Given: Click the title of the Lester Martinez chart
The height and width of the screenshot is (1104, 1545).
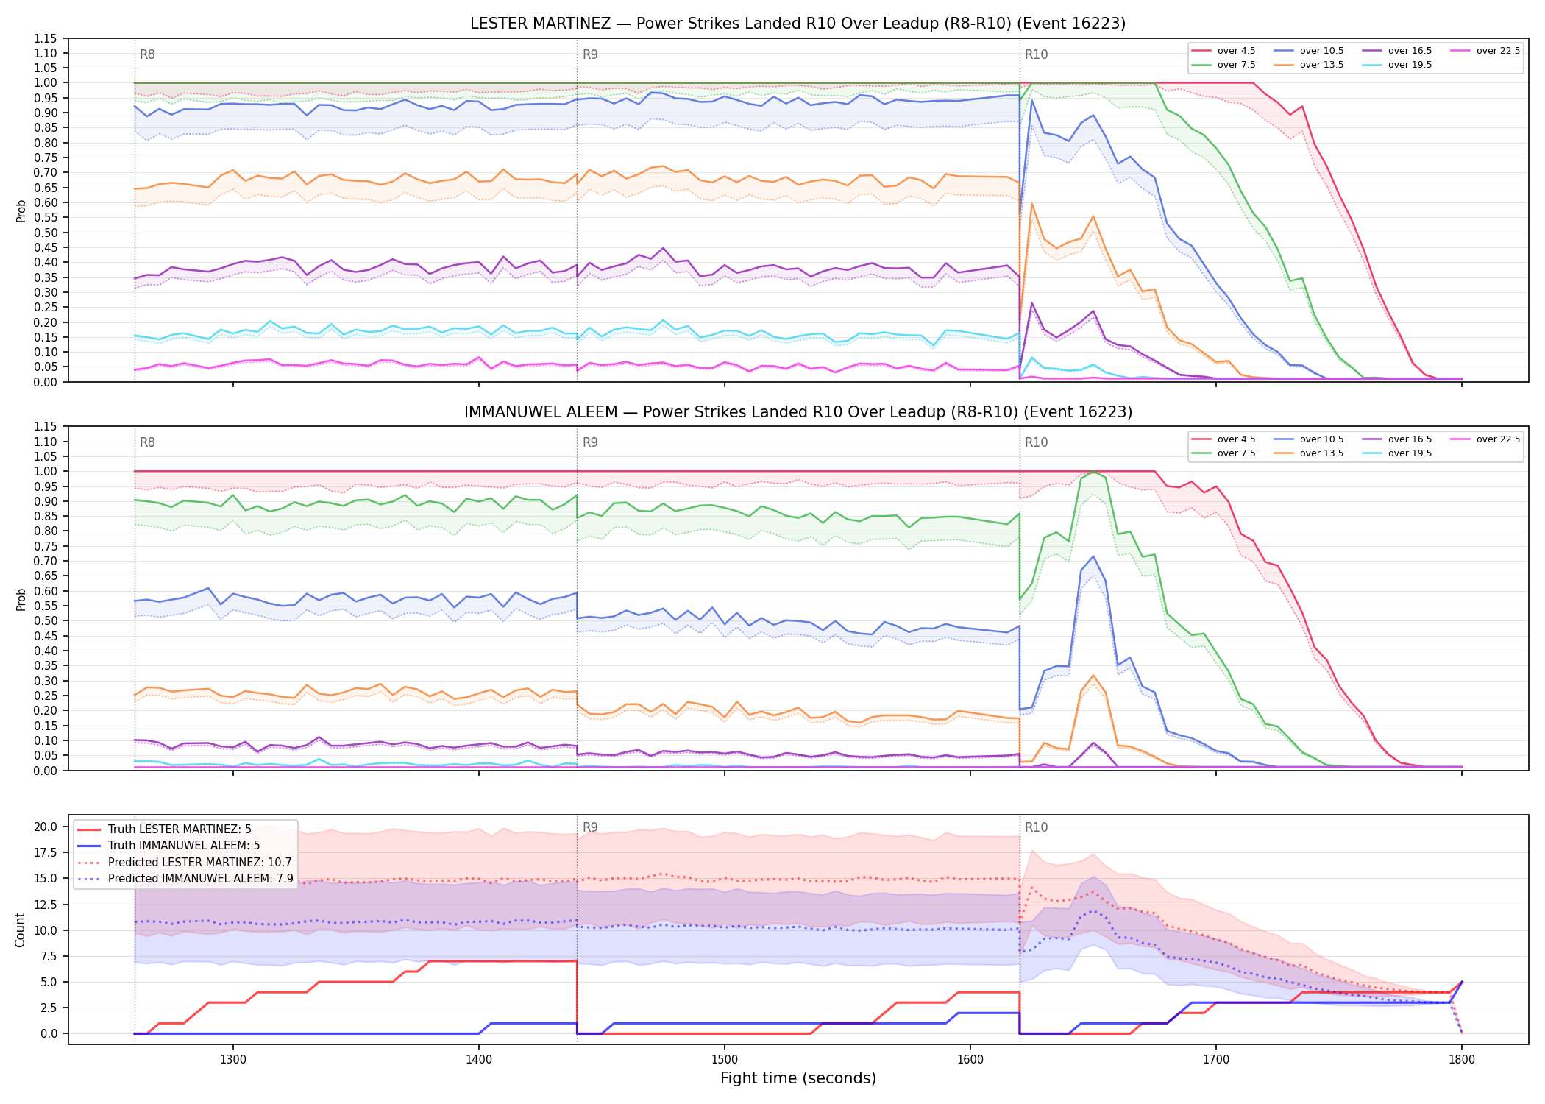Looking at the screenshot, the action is [x=798, y=24].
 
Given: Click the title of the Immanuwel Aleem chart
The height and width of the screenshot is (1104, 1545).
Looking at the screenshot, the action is [x=798, y=412].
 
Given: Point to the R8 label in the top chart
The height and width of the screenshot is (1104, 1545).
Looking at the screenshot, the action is [x=147, y=54].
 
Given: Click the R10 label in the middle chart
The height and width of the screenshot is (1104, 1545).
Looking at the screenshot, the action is [x=1036, y=442].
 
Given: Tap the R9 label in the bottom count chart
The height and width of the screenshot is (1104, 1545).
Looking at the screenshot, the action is [x=590, y=827].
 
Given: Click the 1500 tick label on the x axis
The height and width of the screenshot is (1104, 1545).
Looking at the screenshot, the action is [x=724, y=1059].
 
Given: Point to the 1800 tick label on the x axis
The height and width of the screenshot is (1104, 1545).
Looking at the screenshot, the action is [x=1461, y=1059].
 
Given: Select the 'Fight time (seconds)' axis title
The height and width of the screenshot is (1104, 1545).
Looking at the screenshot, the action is [x=798, y=1078].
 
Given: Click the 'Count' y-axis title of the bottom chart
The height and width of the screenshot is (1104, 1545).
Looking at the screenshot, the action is [x=20, y=930].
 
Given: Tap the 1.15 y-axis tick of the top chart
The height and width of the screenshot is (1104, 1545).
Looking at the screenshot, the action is [x=46, y=38].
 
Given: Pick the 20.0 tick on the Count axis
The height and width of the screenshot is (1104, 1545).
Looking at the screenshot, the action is [x=46, y=827].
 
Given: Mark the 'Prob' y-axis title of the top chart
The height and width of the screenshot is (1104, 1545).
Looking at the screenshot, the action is [x=21, y=210].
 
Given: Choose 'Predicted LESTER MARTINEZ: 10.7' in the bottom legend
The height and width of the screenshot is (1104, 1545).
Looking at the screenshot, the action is [x=200, y=863].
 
